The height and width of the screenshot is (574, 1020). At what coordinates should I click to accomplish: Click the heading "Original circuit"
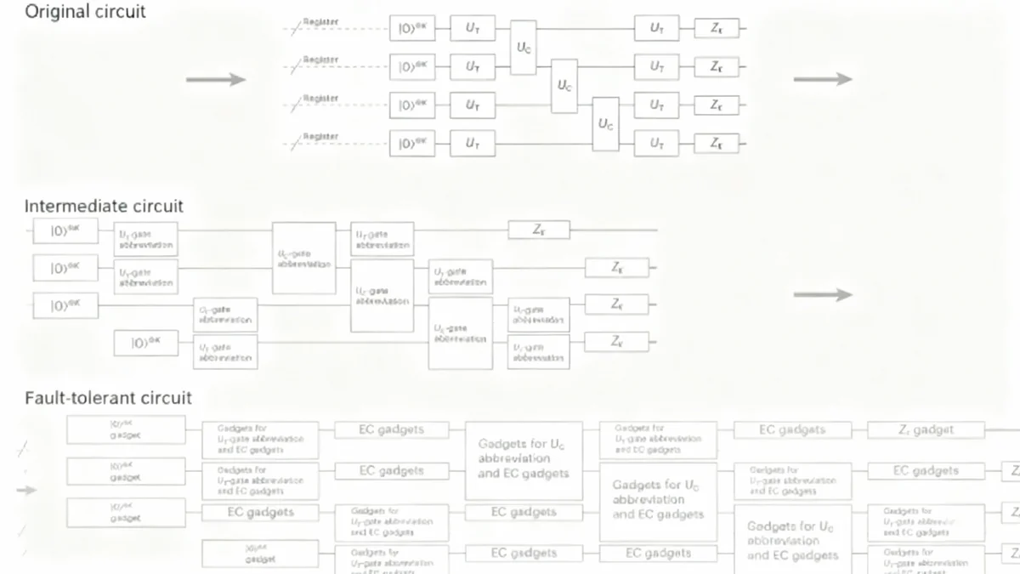[85, 12]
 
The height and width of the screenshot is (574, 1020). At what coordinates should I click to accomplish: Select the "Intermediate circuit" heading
[104, 206]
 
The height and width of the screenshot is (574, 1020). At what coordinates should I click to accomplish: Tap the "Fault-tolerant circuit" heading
[108, 398]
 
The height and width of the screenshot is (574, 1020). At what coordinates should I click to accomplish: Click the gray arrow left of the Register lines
[216, 80]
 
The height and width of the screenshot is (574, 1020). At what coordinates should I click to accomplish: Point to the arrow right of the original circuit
[822, 79]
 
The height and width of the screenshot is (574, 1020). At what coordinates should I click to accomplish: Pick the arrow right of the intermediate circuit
[822, 295]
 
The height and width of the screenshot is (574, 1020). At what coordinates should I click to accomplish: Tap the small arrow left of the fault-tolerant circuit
[26, 490]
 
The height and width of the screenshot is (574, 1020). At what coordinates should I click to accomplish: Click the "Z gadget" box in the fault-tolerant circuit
[926, 430]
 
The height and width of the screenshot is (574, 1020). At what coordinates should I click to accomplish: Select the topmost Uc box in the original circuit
[524, 46]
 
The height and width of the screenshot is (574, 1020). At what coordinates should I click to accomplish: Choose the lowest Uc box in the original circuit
[605, 124]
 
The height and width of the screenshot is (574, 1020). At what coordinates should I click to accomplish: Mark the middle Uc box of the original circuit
[564, 85]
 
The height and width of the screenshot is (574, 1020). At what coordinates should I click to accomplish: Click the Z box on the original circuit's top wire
[717, 28]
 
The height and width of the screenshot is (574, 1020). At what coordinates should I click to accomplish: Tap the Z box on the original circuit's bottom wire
[717, 144]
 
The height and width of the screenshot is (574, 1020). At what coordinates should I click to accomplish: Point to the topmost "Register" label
[320, 22]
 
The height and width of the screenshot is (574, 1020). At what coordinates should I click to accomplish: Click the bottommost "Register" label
[320, 137]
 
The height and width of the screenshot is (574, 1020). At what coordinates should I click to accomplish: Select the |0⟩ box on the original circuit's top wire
[412, 28]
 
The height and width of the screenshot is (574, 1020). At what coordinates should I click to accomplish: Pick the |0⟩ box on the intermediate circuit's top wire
[65, 230]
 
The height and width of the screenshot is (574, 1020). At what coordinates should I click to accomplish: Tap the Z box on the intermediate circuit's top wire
[539, 230]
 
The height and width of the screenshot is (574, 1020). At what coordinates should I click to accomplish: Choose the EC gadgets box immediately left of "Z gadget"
[792, 430]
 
